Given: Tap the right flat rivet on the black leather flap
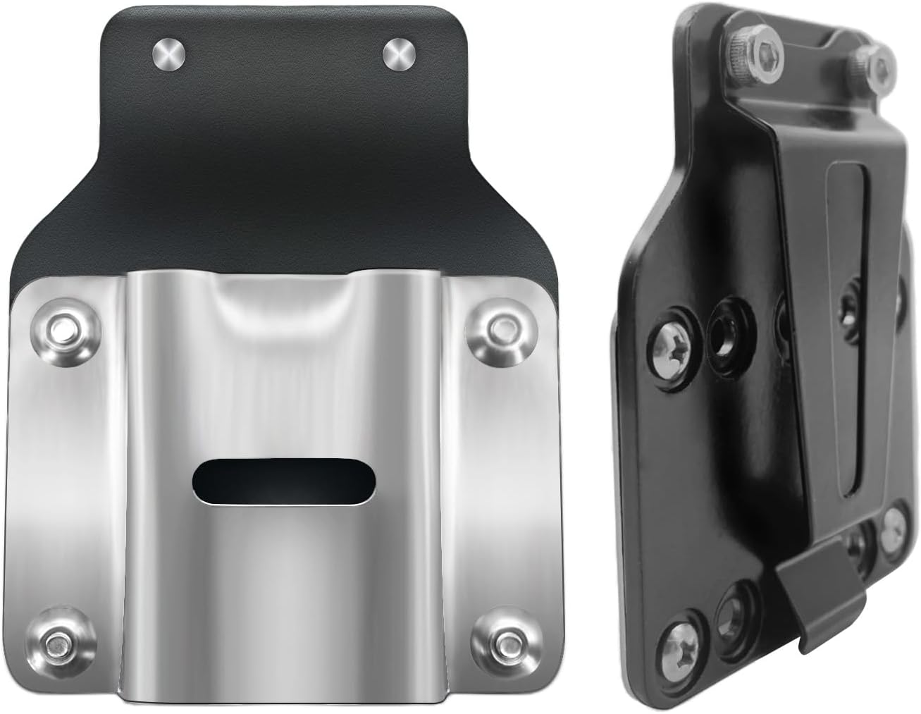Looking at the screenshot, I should [399, 56].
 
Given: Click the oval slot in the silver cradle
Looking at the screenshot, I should [284, 482].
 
